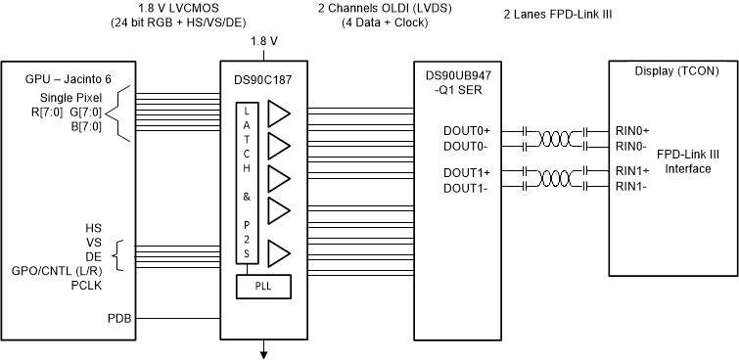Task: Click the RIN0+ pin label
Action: pos(632,130)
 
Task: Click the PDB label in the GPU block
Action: pos(117,318)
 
